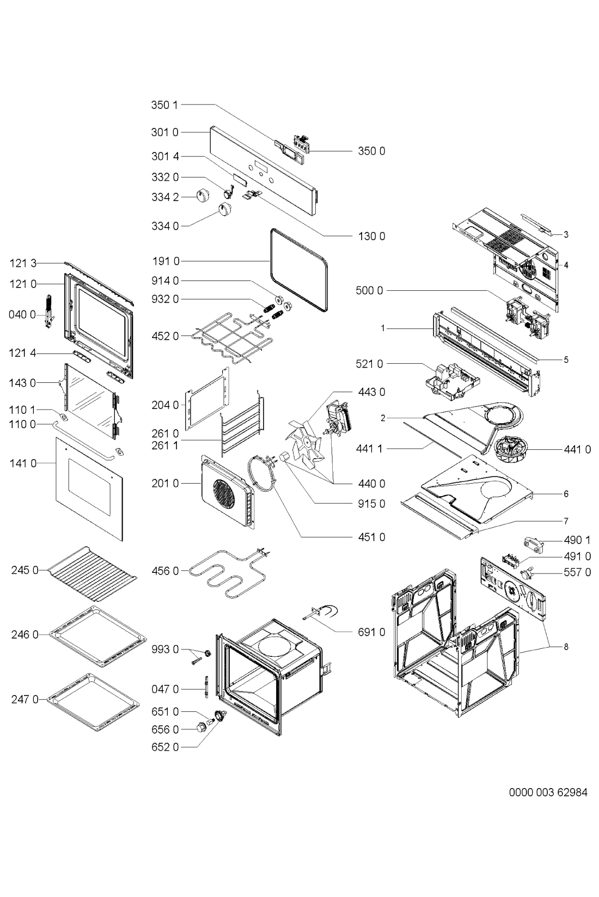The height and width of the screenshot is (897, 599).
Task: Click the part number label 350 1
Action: click(164, 105)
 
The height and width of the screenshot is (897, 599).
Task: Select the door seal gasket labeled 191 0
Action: click(299, 270)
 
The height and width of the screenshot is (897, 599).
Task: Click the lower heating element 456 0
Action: click(228, 572)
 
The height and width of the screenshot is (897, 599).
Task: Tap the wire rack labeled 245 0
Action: click(93, 573)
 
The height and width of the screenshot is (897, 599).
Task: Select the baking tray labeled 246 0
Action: click(97, 637)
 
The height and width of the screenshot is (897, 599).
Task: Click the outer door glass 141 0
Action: click(89, 489)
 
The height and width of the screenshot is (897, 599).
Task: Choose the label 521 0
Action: click(369, 364)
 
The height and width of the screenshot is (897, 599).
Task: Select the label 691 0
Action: click(371, 632)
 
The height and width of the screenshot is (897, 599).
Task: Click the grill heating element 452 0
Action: click(231, 337)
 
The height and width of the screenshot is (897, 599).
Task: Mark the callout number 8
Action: click(566, 646)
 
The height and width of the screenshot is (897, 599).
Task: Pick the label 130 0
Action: click(371, 236)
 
